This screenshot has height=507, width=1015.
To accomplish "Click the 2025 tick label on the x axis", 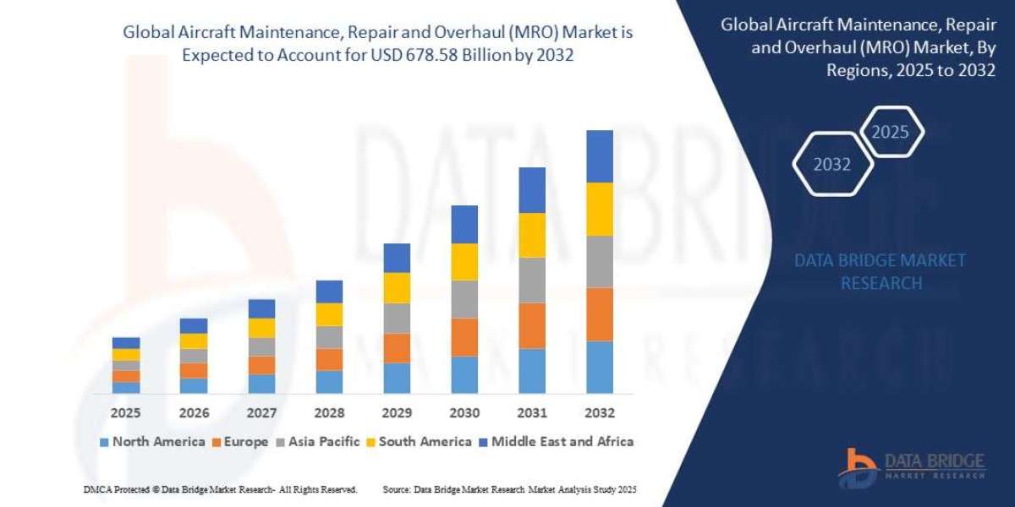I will [126, 414].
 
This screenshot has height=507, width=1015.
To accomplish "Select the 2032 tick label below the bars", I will [599, 414].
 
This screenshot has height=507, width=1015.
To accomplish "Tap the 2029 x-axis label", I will [397, 414].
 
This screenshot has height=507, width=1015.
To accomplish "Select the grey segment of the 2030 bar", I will [464, 299].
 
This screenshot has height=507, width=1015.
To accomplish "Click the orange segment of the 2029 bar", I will [397, 348].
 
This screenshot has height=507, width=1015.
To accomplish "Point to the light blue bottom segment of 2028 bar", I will [329, 382].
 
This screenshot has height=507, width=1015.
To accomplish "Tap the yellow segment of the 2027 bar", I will [261, 328].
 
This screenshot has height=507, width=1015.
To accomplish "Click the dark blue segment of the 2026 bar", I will [194, 325].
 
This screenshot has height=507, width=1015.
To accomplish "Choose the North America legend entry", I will [151, 441].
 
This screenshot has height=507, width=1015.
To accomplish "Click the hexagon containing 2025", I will [890, 132].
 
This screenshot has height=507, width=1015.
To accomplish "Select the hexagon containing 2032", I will [831, 165].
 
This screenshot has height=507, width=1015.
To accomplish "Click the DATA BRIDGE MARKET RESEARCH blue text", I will [880, 271].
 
